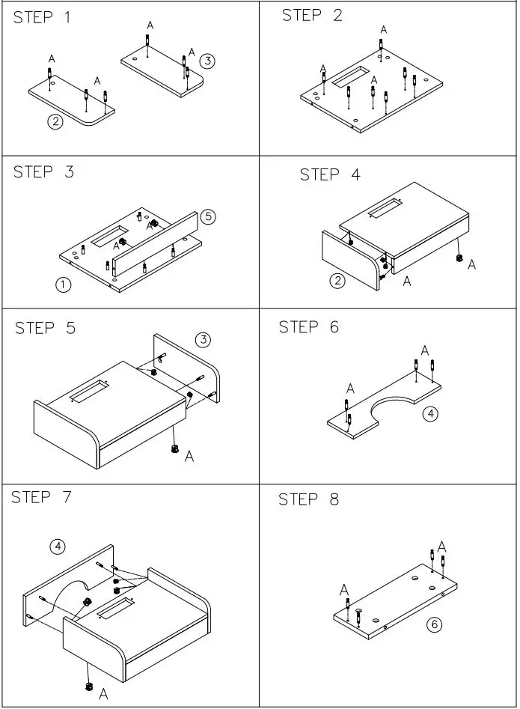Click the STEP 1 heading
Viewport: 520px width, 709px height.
click(x=43, y=18)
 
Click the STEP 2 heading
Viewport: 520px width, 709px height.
click(x=312, y=16)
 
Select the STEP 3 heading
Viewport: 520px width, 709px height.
click(x=43, y=172)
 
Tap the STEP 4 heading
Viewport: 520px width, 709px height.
click(x=330, y=175)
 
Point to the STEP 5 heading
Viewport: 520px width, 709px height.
click(x=45, y=328)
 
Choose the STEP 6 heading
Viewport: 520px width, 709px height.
click(x=309, y=327)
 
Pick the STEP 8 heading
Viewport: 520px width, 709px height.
click(x=309, y=499)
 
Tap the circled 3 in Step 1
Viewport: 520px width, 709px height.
click(x=207, y=61)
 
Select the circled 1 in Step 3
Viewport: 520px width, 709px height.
click(x=64, y=284)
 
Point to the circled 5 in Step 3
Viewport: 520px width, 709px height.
click(x=207, y=217)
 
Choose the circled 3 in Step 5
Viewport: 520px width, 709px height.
click(x=203, y=341)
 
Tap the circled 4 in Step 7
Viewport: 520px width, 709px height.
click(x=58, y=547)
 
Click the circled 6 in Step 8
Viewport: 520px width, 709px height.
click(x=433, y=624)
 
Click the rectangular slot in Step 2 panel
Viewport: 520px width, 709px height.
click(x=351, y=77)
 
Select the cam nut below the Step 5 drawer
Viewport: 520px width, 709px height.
click(x=175, y=449)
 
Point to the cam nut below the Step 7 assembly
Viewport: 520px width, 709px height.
click(x=89, y=686)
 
